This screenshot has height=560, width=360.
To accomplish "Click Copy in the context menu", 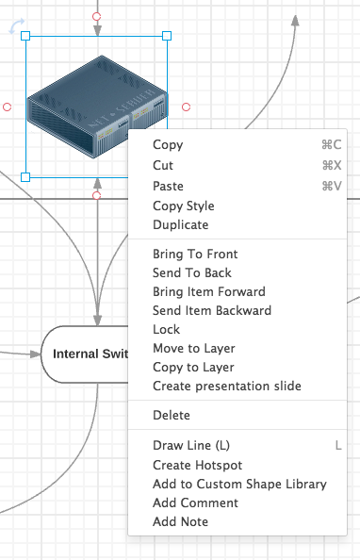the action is (168, 144).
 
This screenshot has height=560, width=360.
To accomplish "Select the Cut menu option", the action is (163, 165).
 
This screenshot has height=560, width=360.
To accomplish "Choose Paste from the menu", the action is (168, 186).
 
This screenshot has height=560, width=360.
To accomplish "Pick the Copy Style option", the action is (184, 206).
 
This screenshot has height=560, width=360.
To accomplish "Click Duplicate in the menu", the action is (181, 224).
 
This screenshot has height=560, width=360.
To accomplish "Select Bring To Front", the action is (195, 254).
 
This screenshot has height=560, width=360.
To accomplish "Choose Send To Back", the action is (192, 272).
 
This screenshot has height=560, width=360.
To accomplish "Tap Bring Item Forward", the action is (209, 292).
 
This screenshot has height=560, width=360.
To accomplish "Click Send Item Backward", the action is (212, 310).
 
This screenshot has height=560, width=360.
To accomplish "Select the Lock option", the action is (167, 329).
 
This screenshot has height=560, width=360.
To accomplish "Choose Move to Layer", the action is (194, 348).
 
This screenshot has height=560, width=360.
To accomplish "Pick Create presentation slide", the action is (227, 387).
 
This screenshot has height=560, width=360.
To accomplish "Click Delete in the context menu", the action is (172, 416).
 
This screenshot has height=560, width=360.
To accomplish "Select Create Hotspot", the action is (198, 465).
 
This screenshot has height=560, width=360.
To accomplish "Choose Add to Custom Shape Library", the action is (239, 484).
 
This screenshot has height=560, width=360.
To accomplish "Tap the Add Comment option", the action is (195, 502).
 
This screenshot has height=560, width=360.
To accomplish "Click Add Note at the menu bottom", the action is (180, 521).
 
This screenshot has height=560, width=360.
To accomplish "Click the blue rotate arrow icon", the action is (16, 25).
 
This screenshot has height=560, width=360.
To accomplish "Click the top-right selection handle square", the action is (167, 36).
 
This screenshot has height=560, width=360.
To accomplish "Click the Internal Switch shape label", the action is (90, 354).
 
